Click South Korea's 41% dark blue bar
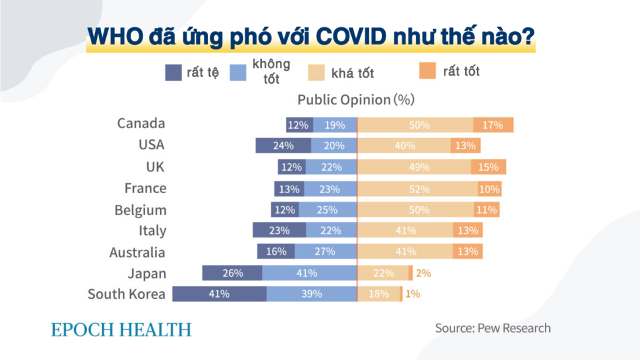coord(219,294)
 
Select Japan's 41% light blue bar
coord(309,273)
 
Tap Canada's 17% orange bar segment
coord(492,125)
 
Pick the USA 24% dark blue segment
coord(283,146)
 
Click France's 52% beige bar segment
coord(417,189)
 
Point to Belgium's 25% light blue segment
coord(327,210)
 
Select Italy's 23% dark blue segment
coord(279,231)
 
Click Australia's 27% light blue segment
coord(325,251)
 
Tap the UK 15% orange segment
coord(488,167)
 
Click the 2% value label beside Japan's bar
coord(423,273)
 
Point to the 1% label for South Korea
coord(412,294)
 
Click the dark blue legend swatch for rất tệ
coord(173,73)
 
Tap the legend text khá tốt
coord(352,74)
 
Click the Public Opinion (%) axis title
coord(356,99)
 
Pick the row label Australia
coord(137,252)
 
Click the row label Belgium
coord(140,210)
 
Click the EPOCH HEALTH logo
coord(121,329)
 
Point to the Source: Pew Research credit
coord(493,328)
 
